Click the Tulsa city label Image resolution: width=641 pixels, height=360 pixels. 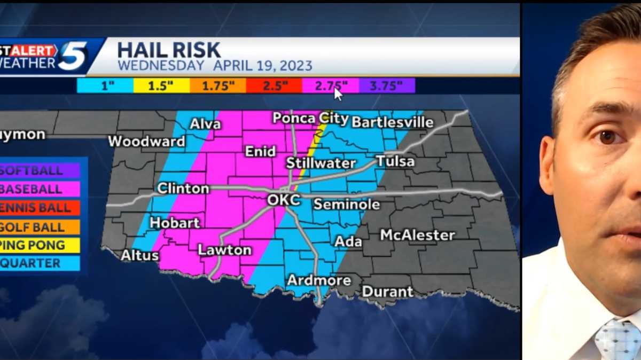(x=395, y=161)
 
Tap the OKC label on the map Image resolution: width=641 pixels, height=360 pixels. (x=284, y=201)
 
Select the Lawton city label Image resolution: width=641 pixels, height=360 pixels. (x=224, y=249)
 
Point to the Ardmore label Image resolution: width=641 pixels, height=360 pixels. (x=319, y=280)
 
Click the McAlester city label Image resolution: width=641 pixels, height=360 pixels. (x=417, y=234)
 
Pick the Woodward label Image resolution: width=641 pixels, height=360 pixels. (x=146, y=142)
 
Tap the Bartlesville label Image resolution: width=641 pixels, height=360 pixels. (x=392, y=122)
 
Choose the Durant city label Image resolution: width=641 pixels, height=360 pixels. (x=387, y=292)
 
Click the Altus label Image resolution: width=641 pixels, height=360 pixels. (x=139, y=255)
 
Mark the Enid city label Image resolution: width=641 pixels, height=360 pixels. (x=260, y=152)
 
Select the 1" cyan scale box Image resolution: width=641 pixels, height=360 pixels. (x=105, y=85)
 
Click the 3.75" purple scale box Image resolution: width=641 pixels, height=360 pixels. (x=386, y=85)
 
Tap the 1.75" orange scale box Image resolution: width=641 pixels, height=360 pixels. (x=217, y=85)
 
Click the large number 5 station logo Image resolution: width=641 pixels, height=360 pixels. (x=73, y=57)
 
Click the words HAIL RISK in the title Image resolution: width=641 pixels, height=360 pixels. (x=168, y=50)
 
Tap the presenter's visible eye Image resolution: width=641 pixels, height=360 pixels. (x=608, y=137)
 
